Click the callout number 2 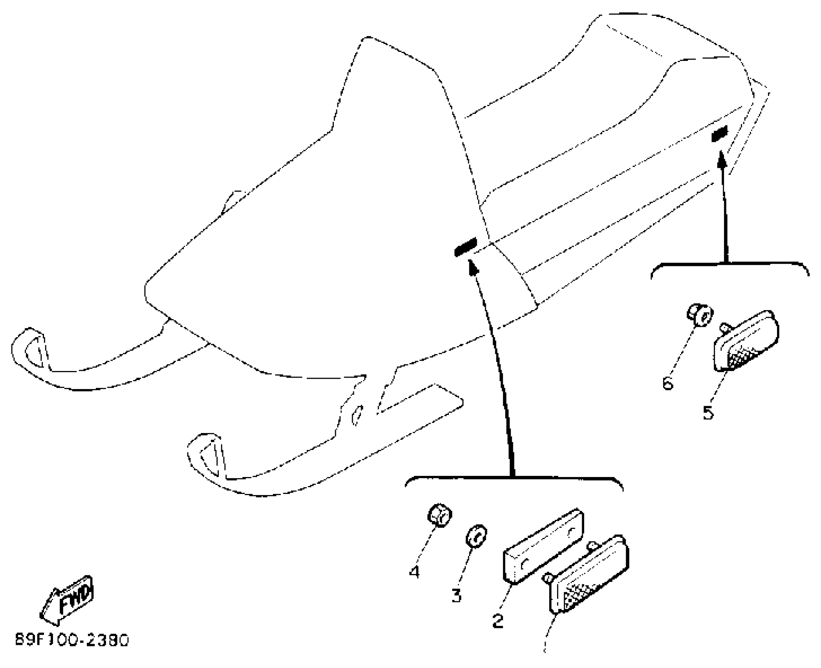click(498, 621)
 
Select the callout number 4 click(414, 572)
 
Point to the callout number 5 click(708, 413)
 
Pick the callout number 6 click(668, 382)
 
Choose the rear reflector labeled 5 click(745, 340)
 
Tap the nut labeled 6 click(700, 315)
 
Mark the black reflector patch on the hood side click(465, 247)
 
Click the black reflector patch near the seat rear click(720, 134)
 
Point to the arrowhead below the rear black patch click(721, 159)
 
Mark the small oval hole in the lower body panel click(357, 415)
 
